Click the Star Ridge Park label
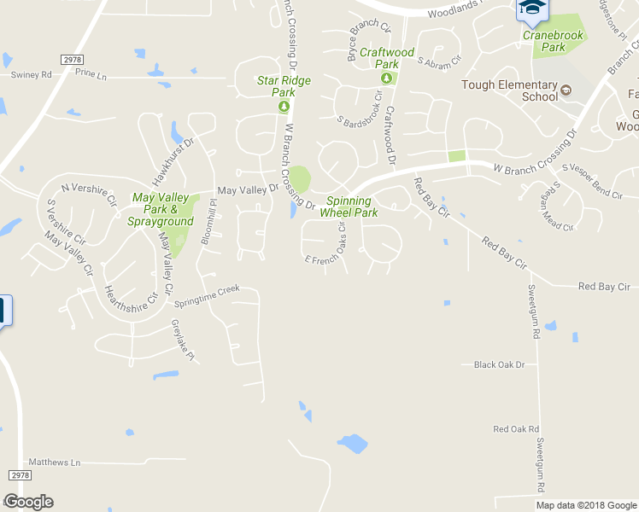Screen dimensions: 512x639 click(284, 85)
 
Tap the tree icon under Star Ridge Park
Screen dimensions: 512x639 click(284, 107)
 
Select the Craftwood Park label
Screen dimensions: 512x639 click(386, 58)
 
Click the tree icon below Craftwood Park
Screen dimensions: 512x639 click(386, 79)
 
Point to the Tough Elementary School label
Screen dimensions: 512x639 click(509, 90)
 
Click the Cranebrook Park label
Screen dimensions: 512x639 click(554, 41)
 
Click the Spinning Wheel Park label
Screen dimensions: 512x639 click(349, 207)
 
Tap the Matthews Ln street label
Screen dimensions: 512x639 click(54, 462)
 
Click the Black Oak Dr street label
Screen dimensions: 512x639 click(499, 364)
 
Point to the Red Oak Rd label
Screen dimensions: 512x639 click(516, 428)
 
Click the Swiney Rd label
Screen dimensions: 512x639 click(32, 75)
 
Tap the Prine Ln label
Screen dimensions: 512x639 click(91, 75)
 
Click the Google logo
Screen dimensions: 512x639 click(28, 502)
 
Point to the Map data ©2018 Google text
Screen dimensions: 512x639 click(585, 505)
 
